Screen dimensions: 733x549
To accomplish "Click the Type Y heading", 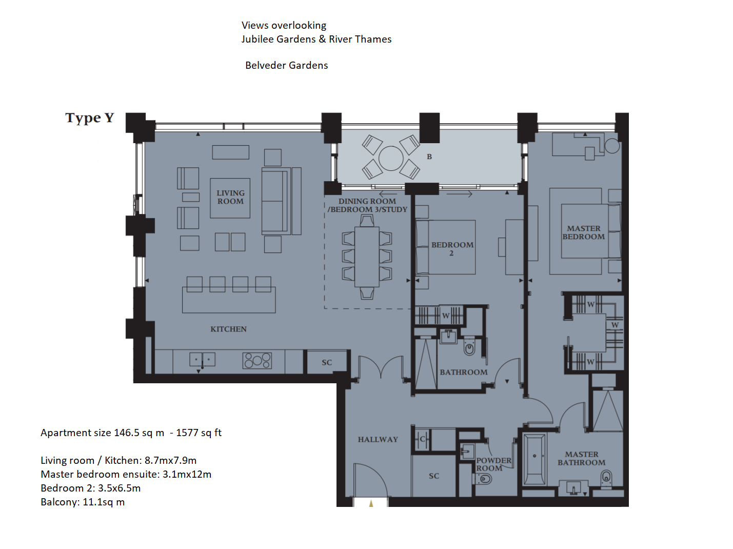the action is tap(89, 118).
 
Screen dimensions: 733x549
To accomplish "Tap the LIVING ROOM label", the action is tap(230, 197).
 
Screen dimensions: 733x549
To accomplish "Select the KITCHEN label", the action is tap(228, 329).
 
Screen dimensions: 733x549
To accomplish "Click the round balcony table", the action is tap(391, 159).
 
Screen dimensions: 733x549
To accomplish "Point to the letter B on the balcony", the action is tap(429, 156).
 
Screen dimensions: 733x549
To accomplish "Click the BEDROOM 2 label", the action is tap(452, 249).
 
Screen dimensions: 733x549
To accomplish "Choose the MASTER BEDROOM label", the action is tap(583, 232).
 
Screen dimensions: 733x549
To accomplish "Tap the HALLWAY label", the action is tap(378, 440).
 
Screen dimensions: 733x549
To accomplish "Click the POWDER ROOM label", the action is tap(493, 464).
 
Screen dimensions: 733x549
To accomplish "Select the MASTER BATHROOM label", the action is tap(581, 459).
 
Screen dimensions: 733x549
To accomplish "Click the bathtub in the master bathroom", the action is tap(534, 459).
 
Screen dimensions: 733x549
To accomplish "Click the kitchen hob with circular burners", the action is tap(257, 361).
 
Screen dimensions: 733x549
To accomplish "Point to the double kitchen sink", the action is tap(203, 360).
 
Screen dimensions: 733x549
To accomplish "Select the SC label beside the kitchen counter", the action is tap(327, 362).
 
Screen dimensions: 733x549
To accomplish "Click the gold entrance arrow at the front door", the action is tap(371, 503).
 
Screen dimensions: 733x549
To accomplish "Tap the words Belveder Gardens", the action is tap(287, 66).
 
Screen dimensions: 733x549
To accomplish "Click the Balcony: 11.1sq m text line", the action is tap(83, 502).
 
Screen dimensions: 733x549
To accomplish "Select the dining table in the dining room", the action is tap(367, 257).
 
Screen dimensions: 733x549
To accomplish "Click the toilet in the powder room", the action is tap(483, 480).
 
